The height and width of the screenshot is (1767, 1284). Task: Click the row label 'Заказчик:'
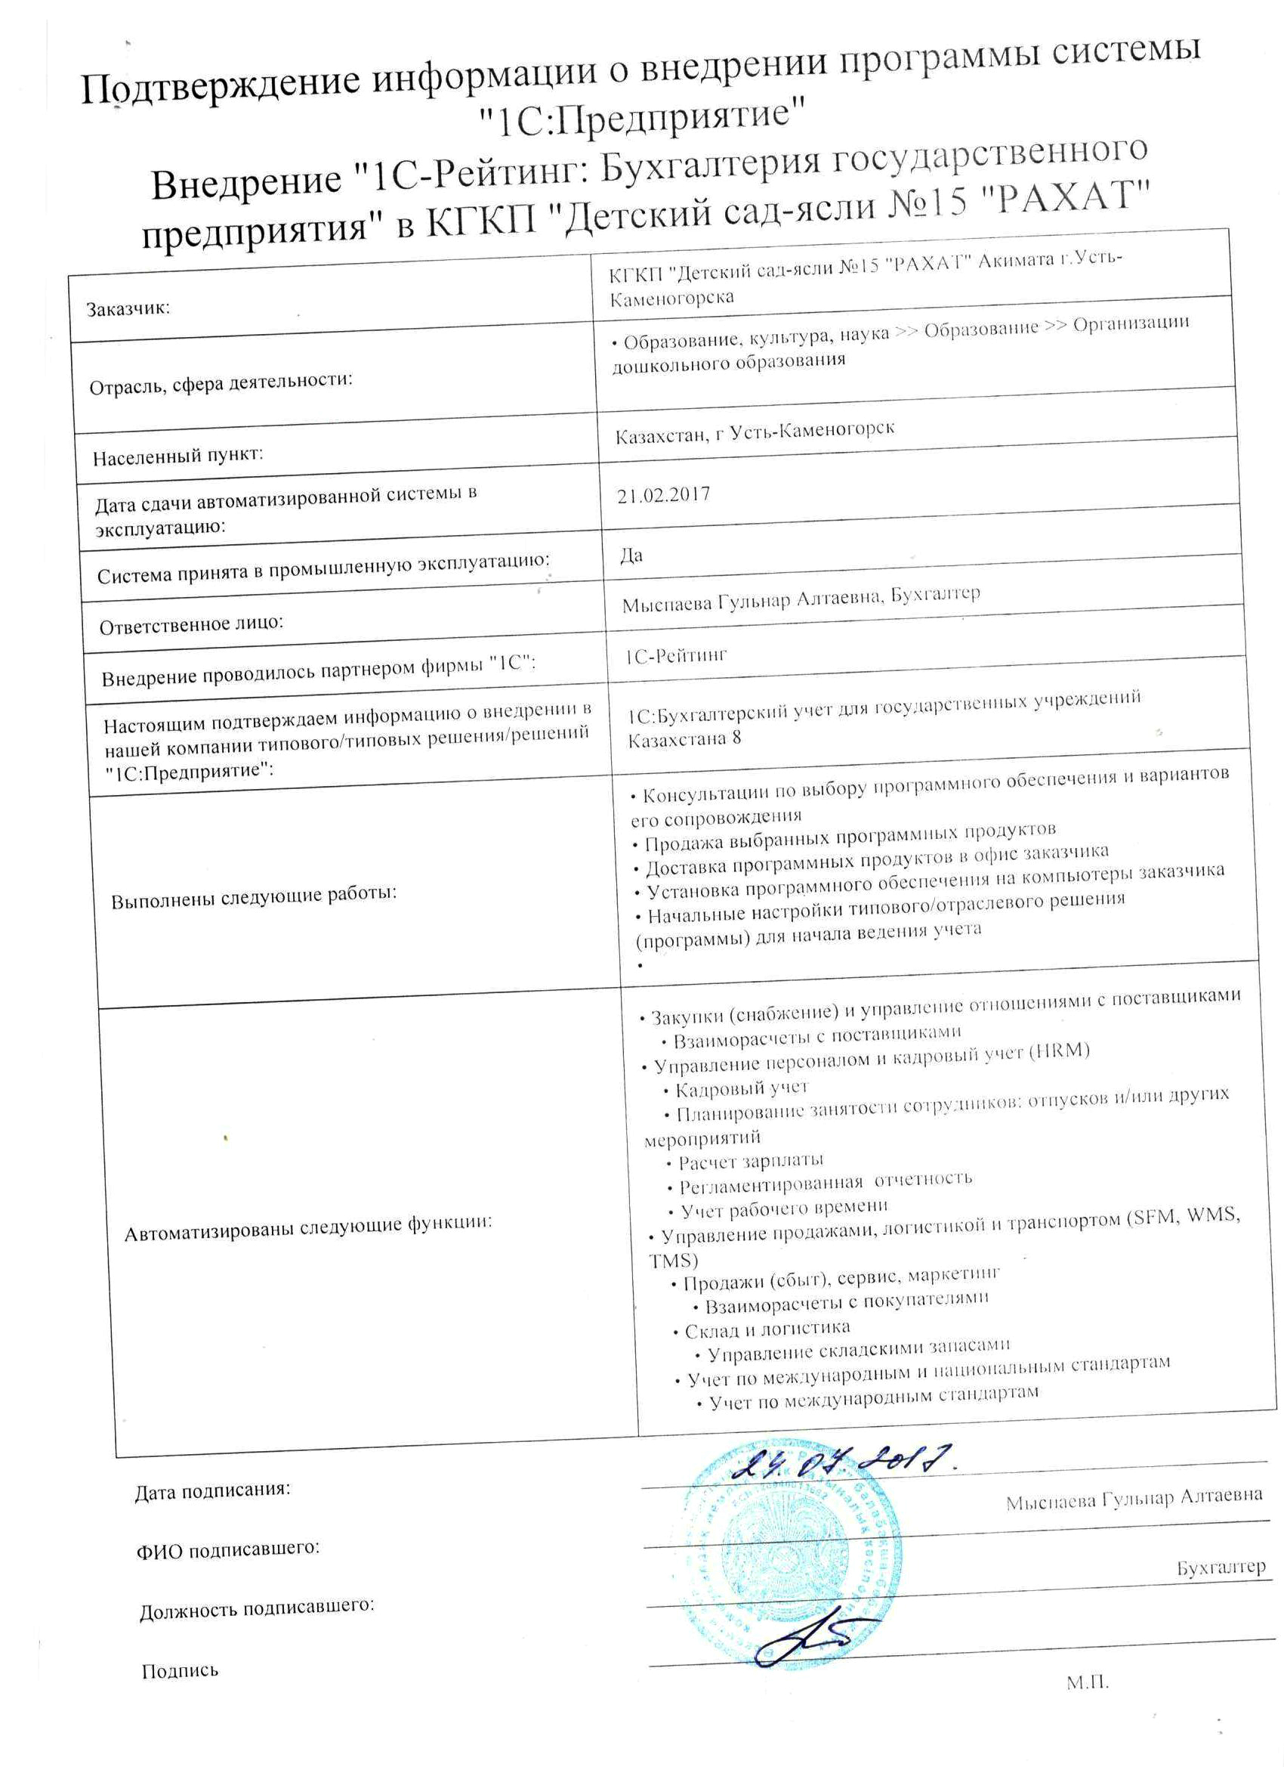[128, 308]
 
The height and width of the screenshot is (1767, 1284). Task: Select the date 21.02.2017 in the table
[662, 496]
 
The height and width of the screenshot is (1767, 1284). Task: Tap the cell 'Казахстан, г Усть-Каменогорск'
[754, 432]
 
